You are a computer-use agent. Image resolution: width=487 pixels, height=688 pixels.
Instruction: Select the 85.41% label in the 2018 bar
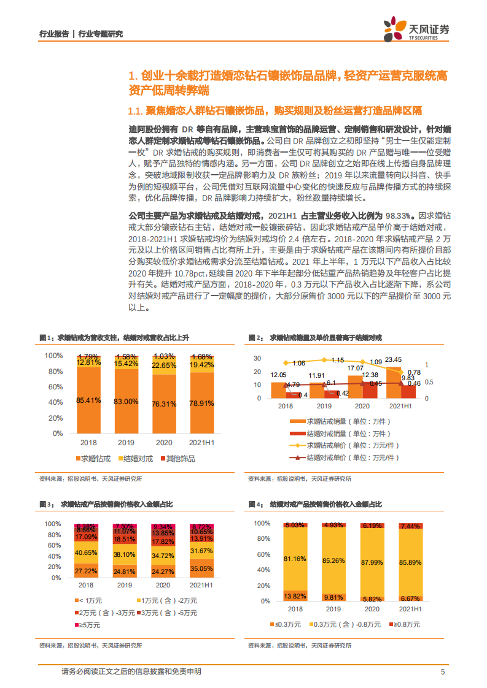click(88, 400)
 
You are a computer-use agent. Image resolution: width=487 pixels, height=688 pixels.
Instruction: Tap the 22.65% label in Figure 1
click(164, 365)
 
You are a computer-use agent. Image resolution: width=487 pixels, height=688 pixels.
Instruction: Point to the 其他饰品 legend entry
click(177, 458)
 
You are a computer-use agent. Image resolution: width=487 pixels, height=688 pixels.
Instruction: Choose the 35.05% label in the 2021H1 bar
click(201, 568)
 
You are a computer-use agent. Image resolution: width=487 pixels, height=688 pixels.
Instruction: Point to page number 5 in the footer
click(442, 671)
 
